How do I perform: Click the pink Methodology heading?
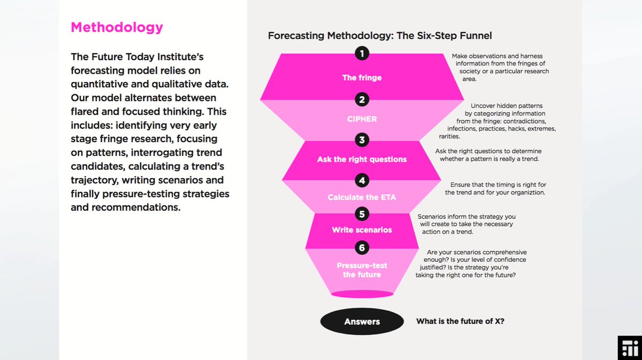coord(117,27)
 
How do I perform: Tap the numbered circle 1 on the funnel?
coord(362,53)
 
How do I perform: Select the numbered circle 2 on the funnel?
coord(362,99)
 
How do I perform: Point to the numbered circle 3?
coord(362,140)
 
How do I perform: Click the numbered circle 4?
coord(362,180)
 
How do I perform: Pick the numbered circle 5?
coord(362,214)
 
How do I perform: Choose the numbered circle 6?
coord(362,247)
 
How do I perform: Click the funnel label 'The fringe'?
coord(362,78)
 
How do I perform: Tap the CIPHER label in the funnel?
coord(362,119)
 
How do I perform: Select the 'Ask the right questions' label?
coord(362,159)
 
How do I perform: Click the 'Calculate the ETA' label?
coord(362,197)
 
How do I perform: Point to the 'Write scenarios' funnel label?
coord(362,230)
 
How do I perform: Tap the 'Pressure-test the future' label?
coord(362,270)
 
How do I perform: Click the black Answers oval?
coord(362,321)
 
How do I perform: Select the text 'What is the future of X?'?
coord(460,321)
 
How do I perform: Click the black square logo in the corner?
coord(629,348)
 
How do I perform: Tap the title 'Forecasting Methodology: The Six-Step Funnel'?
coord(379,36)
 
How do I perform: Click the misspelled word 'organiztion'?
coord(526,193)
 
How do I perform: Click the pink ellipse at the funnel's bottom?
coord(362,294)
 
